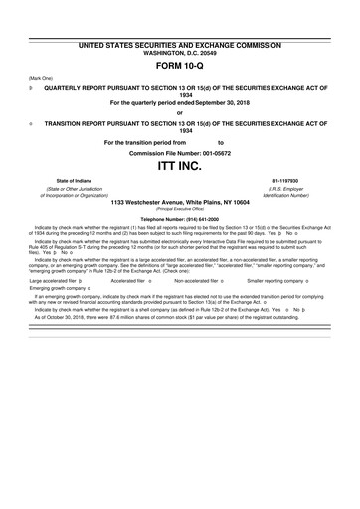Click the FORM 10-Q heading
180,69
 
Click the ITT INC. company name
180,164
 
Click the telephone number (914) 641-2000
180,218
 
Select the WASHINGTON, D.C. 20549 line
180,54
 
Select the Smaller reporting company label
289,281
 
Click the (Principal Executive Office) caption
180,209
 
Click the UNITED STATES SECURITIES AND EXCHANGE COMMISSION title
180,47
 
